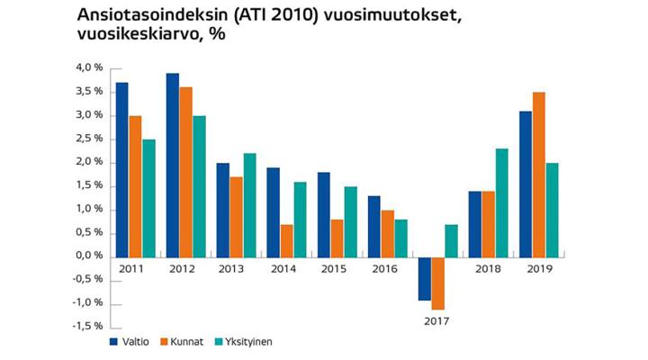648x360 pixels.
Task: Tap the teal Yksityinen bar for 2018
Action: pos(502,202)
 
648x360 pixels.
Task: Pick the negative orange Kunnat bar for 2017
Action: pos(438,283)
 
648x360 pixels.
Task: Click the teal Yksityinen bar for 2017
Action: pos(452,240)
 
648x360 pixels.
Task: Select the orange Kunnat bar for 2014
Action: pos(287,240)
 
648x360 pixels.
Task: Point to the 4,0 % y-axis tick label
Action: pos(89,67)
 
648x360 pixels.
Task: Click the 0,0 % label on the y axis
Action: pos(89,256)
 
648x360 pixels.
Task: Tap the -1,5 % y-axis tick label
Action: pos(87,327)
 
